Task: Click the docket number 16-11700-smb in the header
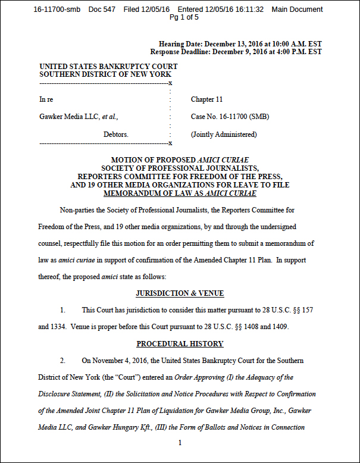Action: click(58, 10)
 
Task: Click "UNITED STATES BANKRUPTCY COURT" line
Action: click(108, 67)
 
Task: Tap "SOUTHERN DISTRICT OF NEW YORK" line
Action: click(105, 74)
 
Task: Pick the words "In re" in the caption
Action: click(46, 99)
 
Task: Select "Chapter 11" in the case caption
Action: click(206, 99)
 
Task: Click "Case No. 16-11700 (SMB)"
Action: click(230, 117)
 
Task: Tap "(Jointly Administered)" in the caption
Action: click(224, 135)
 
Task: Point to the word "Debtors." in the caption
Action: click(115, 135)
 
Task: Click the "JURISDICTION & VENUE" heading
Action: click(180, 294)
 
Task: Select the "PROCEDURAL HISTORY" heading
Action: click(180, 344)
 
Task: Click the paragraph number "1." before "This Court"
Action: click(62, 311)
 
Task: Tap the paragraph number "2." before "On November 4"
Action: click(62, 361)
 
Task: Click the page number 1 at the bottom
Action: click(180, 443)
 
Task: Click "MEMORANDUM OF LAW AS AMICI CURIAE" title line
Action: click(180, 193)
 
